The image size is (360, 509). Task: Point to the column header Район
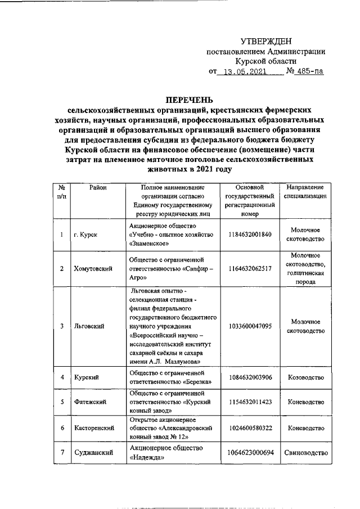point(98,187)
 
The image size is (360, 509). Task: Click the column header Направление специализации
point(305,192)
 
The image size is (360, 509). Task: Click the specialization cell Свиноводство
point(305,452)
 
